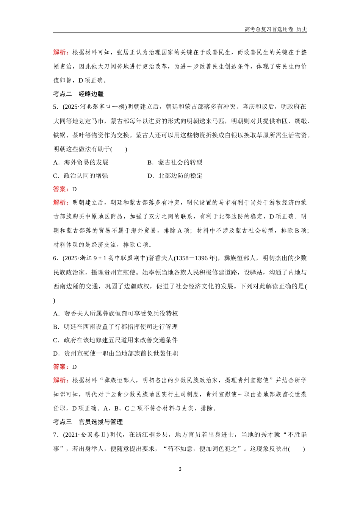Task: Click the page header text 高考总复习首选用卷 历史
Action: tap(275, 29)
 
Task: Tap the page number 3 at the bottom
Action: tap(180, 469)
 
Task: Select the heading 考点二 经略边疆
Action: tap(78, 94)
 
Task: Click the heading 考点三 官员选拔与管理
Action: tap(88, 422)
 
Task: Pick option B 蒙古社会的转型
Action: tap(175, 162)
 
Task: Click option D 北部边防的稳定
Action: tap(175, 176)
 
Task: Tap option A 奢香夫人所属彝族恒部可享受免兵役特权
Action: tap(116, 314)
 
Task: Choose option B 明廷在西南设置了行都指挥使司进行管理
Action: tap(116, 327)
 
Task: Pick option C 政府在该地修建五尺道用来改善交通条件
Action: tap(116, 340)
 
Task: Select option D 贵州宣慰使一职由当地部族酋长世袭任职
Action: tap(116, 353)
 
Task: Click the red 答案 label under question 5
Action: tap(61, 189)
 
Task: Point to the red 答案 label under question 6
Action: tap(61, 367)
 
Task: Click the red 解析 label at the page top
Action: tap(61, 52)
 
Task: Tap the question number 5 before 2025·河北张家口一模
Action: tap(55, 107)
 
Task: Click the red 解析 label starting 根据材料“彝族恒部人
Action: tap(61, 380)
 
